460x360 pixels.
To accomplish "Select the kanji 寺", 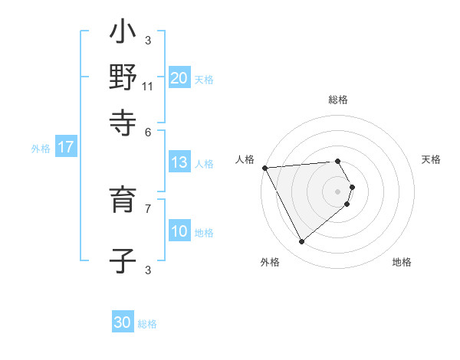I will (123, 121).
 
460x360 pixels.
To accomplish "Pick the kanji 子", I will (123, 260).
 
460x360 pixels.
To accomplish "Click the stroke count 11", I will (147, 86).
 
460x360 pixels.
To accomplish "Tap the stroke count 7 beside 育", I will (148, 208).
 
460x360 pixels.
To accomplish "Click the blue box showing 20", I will (179, 77).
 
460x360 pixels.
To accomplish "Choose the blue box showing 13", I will (179, 162).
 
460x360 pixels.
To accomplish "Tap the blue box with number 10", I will (179, 231).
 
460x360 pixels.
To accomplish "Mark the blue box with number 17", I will (66, 148).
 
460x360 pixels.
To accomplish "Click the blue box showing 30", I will (123, 322).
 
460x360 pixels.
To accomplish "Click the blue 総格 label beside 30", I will (147, 324).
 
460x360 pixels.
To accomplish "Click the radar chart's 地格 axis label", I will (402, 262).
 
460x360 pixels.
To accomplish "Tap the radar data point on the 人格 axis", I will (264, 168).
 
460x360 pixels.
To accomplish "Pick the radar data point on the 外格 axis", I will (301, 241).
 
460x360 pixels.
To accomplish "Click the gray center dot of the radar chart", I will (337, 191).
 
